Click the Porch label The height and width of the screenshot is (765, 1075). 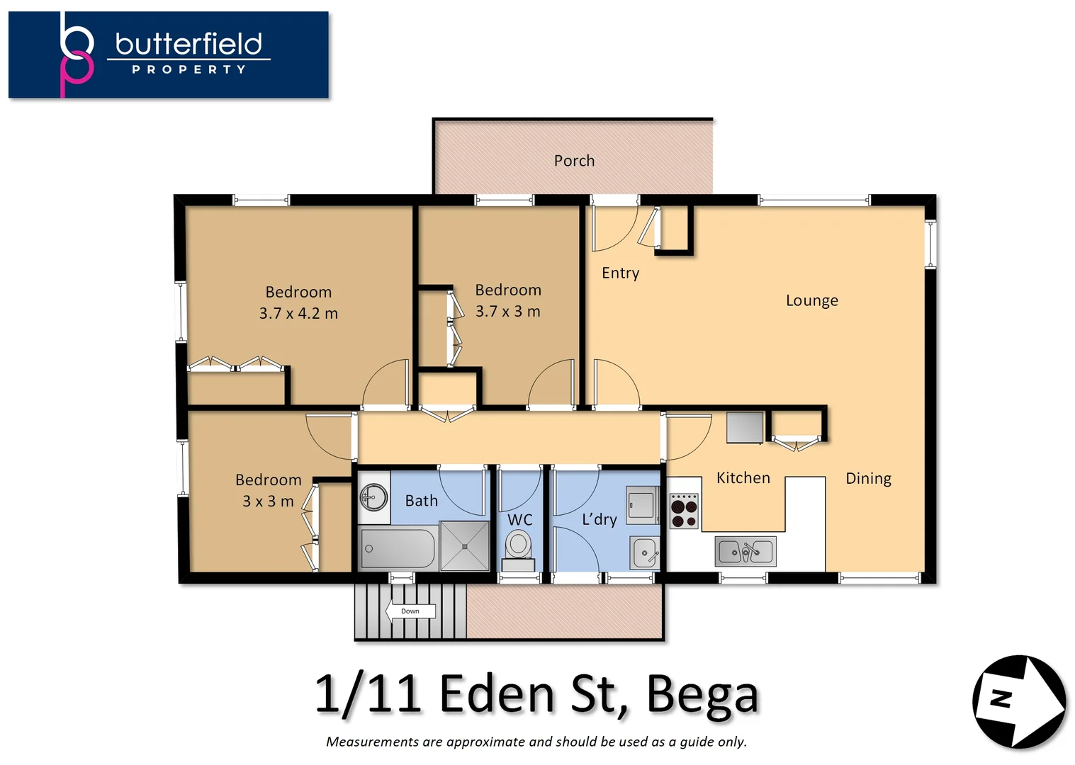click(574, 161)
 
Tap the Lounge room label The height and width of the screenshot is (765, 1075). click(811, 300)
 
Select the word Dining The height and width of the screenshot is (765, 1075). click(868, 478)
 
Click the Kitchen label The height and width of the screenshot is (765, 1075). click(743, 478)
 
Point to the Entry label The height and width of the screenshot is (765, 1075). click(620, 273)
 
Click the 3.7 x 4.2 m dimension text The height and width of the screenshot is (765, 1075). click(298, 313)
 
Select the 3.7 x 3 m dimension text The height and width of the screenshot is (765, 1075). click(507, 312)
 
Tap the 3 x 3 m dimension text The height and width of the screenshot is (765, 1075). click(268, 501)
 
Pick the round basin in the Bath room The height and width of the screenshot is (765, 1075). click(373, 497)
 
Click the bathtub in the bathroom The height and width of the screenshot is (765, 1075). click(397, 548)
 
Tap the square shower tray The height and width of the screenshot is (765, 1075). click(464, 546)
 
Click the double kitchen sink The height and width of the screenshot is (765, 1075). click(745, 551)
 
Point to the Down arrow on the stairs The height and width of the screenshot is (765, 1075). click(410, 611)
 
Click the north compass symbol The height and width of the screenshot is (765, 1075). click(1018, 701)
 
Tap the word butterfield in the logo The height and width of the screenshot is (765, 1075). click(188, 44)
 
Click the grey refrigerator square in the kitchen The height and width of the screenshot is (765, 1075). click(745, 427)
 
